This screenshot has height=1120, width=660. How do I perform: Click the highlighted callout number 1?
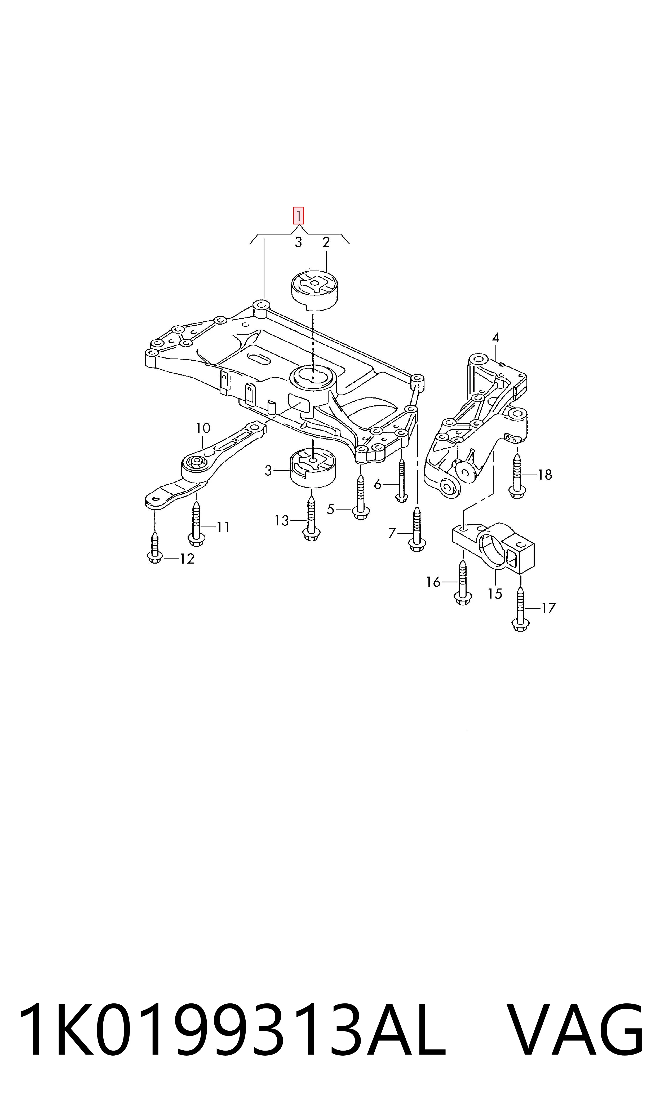tap(298, 216)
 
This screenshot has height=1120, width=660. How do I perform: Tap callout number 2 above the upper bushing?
tap(326, 242)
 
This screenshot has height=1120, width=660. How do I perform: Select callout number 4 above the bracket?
tap(495, 338)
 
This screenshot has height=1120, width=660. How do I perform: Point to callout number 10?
tap(203, 428)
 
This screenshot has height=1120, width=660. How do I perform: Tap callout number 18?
tap(545, 475)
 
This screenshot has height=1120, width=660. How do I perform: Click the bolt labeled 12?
tap(154, 548)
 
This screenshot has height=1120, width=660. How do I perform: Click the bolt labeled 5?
tap(360, 498)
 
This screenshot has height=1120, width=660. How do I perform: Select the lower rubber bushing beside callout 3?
tap(313, 469)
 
